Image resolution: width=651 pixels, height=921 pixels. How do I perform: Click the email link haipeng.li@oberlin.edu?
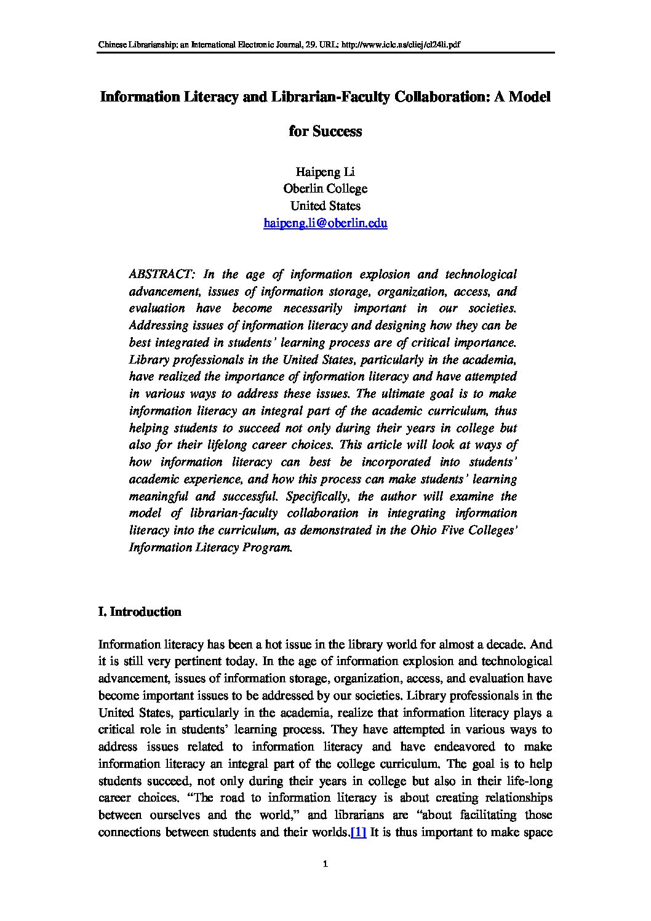[325, 223]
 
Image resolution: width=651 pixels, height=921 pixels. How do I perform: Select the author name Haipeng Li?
[325, 172]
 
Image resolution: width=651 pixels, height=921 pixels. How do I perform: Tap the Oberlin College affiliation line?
[325, 189]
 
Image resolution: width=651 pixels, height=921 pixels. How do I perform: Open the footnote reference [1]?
[358, 832]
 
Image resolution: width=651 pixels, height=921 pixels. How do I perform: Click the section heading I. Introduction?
[140, 612]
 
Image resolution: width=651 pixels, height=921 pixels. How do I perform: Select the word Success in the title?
[337, 132]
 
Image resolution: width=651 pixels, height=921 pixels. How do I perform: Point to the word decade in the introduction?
[506, 645]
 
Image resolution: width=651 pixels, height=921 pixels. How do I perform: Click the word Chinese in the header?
[114, 45]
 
